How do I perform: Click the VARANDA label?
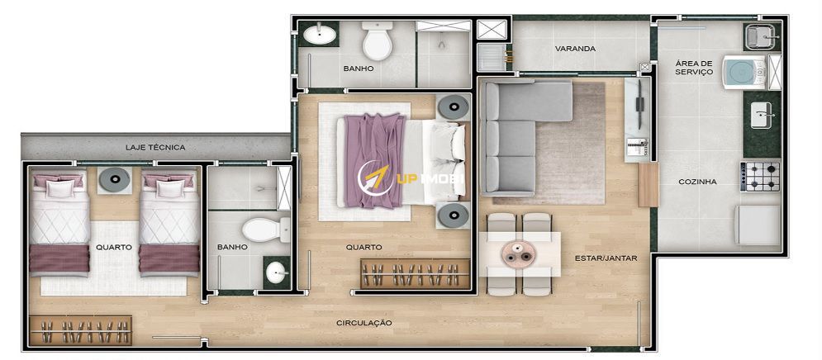click(x=575, y=49)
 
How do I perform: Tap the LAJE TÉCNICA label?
click(x=155, y=147)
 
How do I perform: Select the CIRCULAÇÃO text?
click(x=363, y=323)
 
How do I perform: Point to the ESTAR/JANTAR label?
click(x=606, y=258)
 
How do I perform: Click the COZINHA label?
click(x=697, y=182)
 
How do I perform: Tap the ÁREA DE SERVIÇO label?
click(x=694, y=68)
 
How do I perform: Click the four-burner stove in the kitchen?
click(x=759, y=177)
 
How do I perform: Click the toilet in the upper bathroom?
click(x=378, y=40)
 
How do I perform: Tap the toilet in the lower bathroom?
click(x=266, y=230)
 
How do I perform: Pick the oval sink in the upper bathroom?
click(x=321, y=35)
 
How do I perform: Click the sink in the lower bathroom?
click(x=276, y=272)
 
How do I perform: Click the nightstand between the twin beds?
click(x=114, y=180)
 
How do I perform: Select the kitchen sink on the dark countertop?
click(x=761, y=116)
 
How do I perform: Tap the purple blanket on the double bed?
click(x=373, y=161)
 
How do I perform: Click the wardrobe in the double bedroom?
click(x=415, y=273)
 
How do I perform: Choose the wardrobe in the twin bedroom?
click(x=80, y=330)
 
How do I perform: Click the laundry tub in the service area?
click(x=762, y=36)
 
